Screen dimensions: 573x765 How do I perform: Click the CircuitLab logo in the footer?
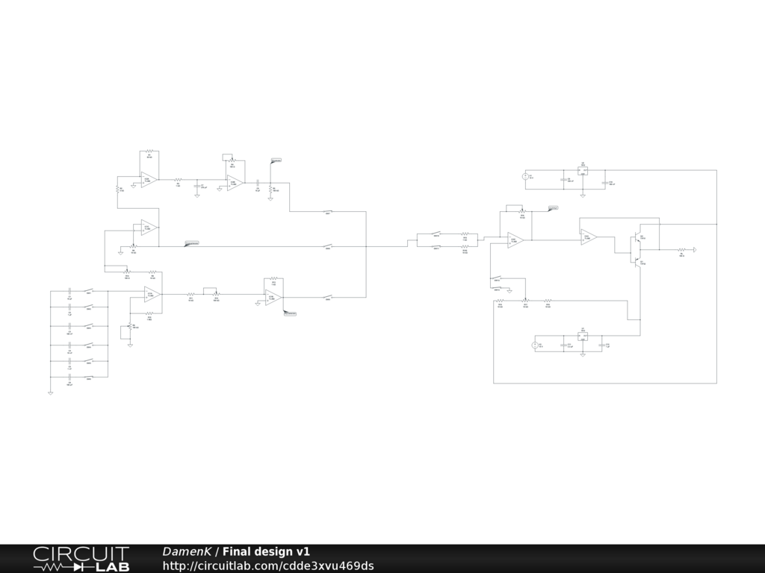(x=81, y=559)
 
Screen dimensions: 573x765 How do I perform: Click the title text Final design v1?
(x=266, y=552)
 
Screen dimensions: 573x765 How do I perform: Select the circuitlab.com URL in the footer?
(x=268, y=566)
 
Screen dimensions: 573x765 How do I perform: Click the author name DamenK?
(x=187, y=552)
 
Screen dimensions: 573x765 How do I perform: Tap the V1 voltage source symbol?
(x=525, y=177)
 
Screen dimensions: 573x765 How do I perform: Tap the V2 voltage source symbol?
(x=535, y=345)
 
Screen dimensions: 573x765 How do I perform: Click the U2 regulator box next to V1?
(x=583, y=171)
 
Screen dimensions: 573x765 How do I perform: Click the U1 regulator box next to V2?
(x=583, y=336)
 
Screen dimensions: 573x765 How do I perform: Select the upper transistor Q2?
(x=637, y=239)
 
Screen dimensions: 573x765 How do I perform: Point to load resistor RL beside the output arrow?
(x=681, y=250)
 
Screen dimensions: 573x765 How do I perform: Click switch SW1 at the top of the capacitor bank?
(x=89, y=291)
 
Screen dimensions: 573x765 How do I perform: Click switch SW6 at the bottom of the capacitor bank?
(x=89, y=378)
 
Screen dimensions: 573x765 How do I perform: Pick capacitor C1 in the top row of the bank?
(x=69, y=291)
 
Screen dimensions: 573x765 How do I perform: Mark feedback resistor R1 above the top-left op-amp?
(x=149, y=151)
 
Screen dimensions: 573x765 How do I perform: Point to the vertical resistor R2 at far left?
(x=117, y=190)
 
